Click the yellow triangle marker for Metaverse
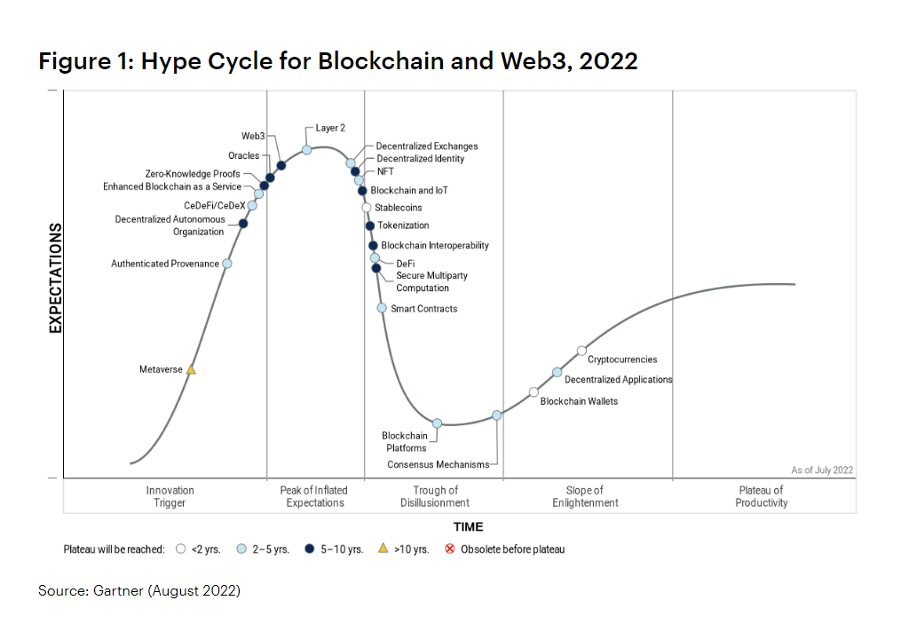pos(191,369)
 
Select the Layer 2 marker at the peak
pos(306,149)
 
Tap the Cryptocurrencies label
pos(622,359)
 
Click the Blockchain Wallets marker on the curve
pos(534,391)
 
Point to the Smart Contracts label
pos(424,309)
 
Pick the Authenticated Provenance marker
pos(227,264)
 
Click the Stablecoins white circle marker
pos(366,208)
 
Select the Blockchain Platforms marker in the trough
pos(437,423)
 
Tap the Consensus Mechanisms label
pos(438,464)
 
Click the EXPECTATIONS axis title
pos(55,278)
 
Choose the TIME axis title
pos(468,527)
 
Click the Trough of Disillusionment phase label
pos(435,496)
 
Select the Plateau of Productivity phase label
pos(761,496)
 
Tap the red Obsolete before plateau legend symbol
pos(449,549)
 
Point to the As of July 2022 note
pos(821,470)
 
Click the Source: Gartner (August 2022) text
pos(139,590)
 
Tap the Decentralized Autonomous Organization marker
pos(243,224)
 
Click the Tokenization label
pos(403,225)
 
